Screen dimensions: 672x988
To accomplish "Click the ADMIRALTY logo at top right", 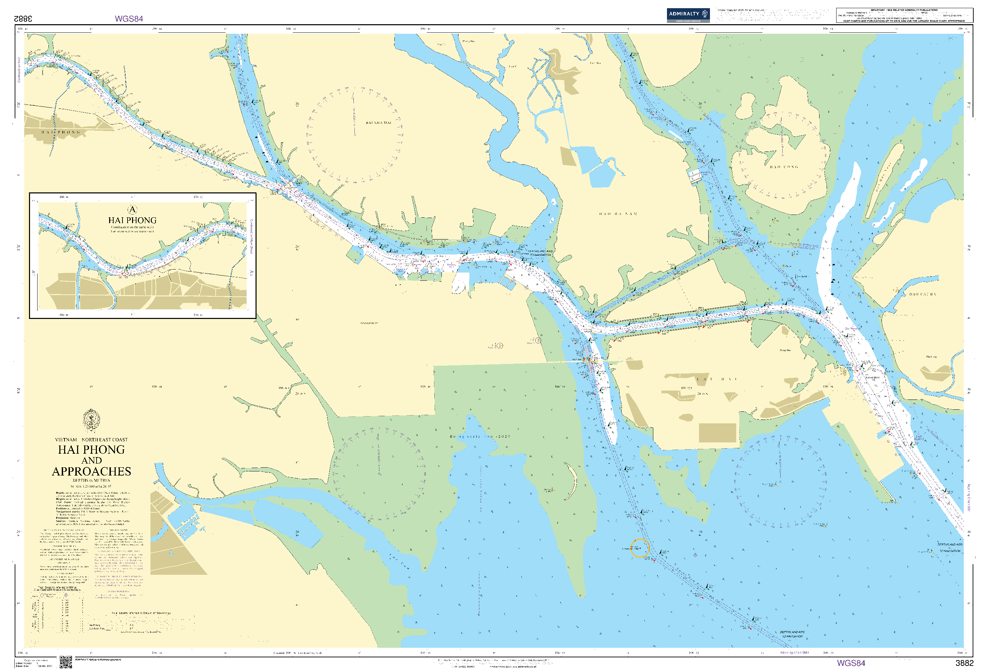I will (x=687, y=15).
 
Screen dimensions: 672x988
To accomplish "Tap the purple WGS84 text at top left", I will (x=129, y=19).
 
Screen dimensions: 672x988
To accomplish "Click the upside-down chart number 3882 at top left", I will (x=23, y=19).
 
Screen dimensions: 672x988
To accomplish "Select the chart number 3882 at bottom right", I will (x=964, y=663).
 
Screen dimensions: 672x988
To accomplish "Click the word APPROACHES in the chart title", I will (x=91, y=471).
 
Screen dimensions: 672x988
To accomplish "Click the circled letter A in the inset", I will (x=132, y=209).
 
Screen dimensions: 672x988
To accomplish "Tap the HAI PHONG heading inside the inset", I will (x=132, y=220).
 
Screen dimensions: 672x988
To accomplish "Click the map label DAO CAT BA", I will (x=922, y=294).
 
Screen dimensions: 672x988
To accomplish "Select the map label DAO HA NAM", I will (x=618, y=214).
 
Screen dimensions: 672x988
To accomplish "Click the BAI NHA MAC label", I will (x=378, y=123).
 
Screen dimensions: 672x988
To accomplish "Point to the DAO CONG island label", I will (x=784, y=167).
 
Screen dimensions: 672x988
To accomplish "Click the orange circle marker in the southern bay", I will (x=639, y=548).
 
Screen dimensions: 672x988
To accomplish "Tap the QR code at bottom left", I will (x=66, y=662).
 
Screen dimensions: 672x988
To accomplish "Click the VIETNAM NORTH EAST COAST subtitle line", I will (x=91, y=439).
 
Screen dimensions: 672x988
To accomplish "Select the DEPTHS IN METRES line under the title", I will (x=91, y=480).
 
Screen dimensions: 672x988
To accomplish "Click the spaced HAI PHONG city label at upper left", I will (x=61, y=132).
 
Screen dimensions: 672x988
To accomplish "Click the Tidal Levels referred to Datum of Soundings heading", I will (x=141, y=613).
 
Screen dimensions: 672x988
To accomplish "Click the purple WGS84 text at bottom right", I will (x=851, y=663).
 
